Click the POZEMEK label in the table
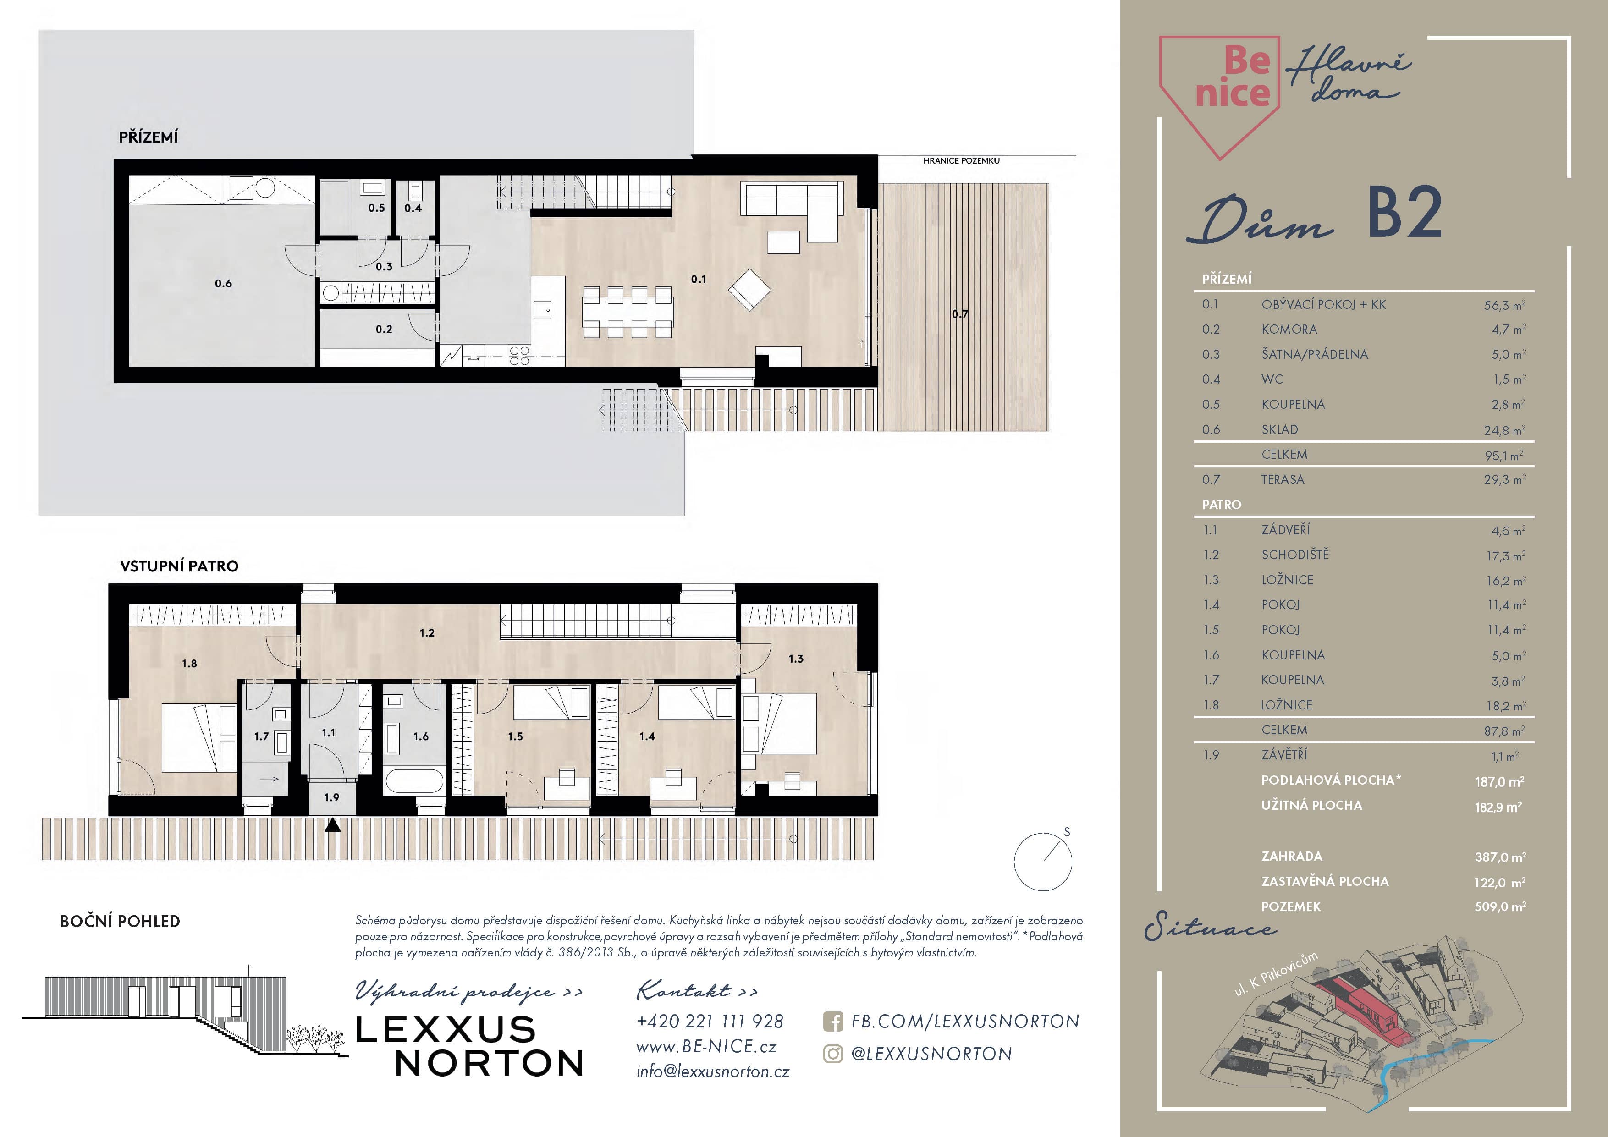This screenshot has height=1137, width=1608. tap(1291, 906)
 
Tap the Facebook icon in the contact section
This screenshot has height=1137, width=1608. tap(833, 1022)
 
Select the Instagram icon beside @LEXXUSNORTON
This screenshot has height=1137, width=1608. tap(833, 1054)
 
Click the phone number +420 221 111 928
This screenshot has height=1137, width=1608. tap(710, 1022)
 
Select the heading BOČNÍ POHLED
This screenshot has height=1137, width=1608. tap(120, 921)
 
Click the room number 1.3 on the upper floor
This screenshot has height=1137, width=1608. tap(796, 659)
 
